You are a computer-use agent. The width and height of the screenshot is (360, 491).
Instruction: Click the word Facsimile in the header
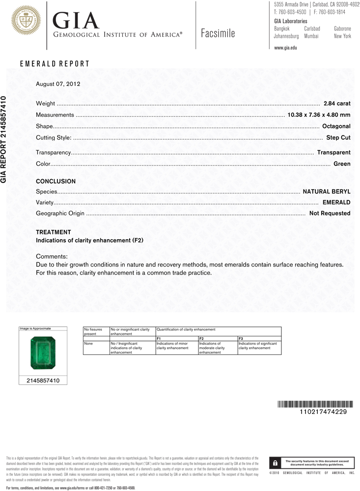[x=218, y=33]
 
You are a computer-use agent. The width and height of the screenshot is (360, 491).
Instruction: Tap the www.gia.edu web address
[x=285, y=48]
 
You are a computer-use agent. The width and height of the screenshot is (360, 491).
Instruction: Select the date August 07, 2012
[x=58, y=84]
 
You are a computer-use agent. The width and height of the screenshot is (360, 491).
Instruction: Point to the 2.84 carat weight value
[x=337, y=104]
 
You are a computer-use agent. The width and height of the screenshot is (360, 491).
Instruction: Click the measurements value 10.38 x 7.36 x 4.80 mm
[x=318, y=115]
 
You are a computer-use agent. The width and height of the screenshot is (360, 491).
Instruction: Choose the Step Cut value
[x=338, y=138]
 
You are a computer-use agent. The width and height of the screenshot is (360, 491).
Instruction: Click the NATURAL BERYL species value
[x=327, y=191]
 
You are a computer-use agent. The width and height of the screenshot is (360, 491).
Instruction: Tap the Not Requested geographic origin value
[x=330, y=214]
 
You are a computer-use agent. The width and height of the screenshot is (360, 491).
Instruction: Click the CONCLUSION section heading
[x=56, y=182]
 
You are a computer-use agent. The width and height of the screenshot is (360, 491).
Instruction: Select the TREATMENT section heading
[x=54, y=232]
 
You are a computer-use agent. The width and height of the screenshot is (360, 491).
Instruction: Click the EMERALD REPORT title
[x=55, y=64]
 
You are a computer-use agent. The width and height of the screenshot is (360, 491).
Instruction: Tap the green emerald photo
[x=43, y=353]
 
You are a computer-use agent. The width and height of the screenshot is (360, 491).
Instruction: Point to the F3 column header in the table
[x=241, y=339]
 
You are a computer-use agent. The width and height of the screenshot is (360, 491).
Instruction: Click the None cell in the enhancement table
[x=89, y=344]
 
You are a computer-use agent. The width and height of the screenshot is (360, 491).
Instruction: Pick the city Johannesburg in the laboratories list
[x=286, y=36]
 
